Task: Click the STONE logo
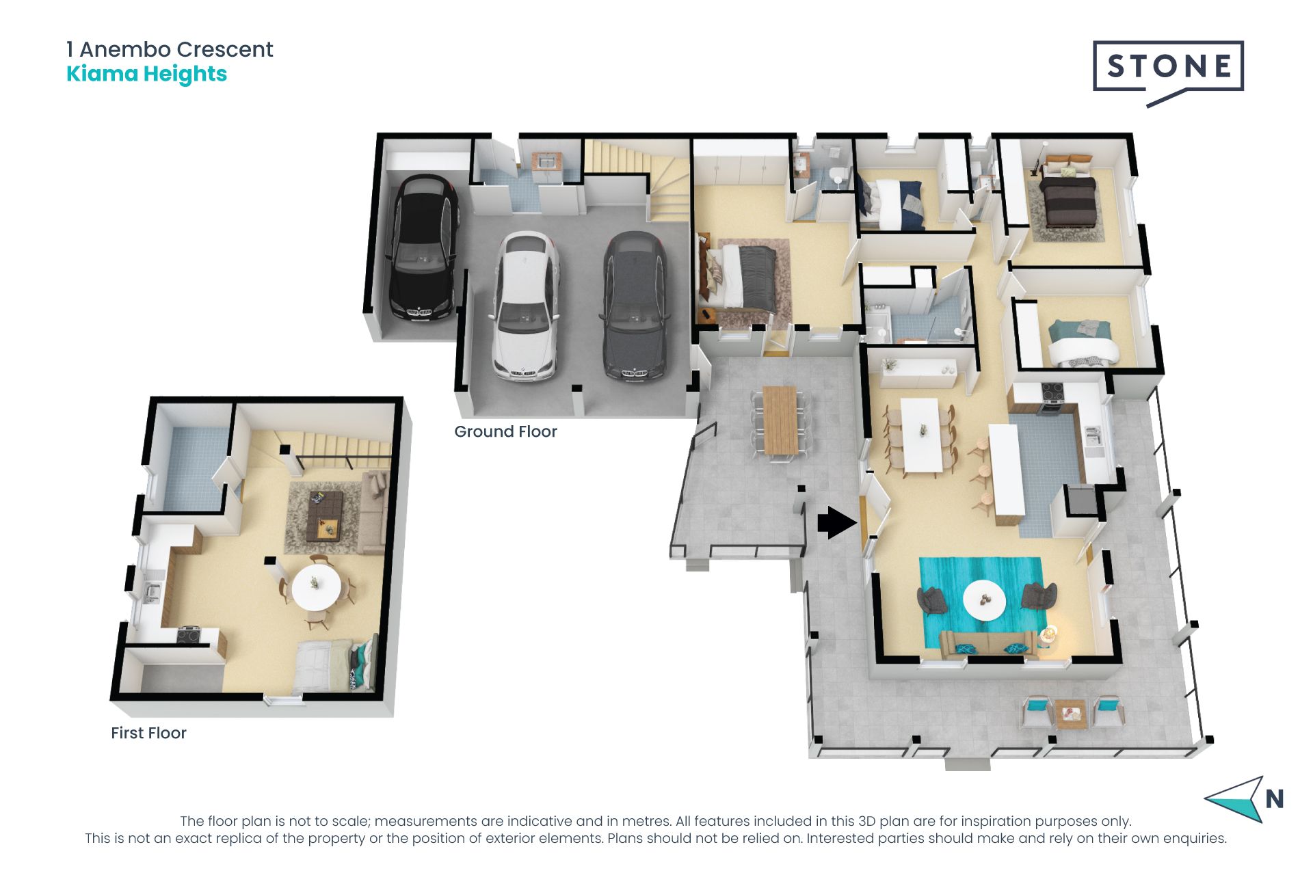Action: click(1168, 68)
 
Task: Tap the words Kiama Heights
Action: click(146, 74)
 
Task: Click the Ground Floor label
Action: click(505, 431)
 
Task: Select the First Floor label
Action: click(148, 733)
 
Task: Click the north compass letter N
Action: click(1274, 798)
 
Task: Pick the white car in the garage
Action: click(525, 306)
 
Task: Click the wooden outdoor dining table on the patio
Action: click(780, 420)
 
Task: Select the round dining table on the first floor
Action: click(316, 586)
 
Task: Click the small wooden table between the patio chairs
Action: click(1070, 714)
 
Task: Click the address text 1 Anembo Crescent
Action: click(170, 49)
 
